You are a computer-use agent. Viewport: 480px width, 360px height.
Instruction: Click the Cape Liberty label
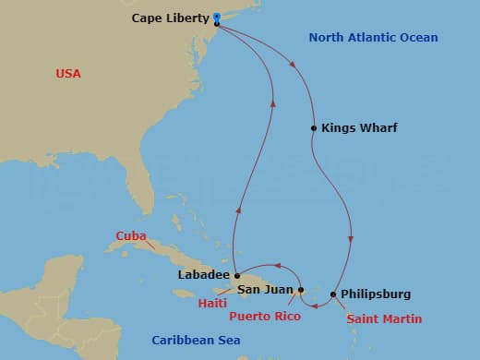pos(170,18)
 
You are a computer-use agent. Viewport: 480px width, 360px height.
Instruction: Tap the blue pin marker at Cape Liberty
pos(216,18)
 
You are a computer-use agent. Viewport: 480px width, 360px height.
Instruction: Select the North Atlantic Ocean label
pos(373,38)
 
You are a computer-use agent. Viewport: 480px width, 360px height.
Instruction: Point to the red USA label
pos(69,73)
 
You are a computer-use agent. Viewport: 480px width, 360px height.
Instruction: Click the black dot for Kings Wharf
pos(314,128)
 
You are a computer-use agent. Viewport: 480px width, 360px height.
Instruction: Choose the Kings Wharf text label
pos(359,128)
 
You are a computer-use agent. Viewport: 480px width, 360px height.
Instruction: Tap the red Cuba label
pos(131,235)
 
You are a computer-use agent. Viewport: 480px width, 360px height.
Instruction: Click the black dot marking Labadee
pos(237,274)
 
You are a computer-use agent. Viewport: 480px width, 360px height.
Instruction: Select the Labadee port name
pos(202,274)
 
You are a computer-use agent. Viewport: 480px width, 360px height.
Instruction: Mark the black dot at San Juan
pos(301,290)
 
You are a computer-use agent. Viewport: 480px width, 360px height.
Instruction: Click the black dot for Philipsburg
pos(333,294)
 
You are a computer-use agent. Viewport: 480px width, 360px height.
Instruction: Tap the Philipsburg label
pos(376,294)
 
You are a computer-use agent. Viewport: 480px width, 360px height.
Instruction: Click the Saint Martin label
pos(384,319)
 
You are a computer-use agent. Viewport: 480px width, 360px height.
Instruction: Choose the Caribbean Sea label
pos(196,341)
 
